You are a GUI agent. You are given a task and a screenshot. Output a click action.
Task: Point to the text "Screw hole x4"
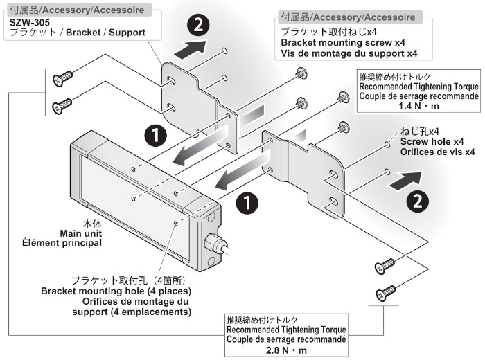(430, 141)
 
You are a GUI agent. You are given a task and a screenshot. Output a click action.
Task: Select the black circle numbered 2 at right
(415, 200)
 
